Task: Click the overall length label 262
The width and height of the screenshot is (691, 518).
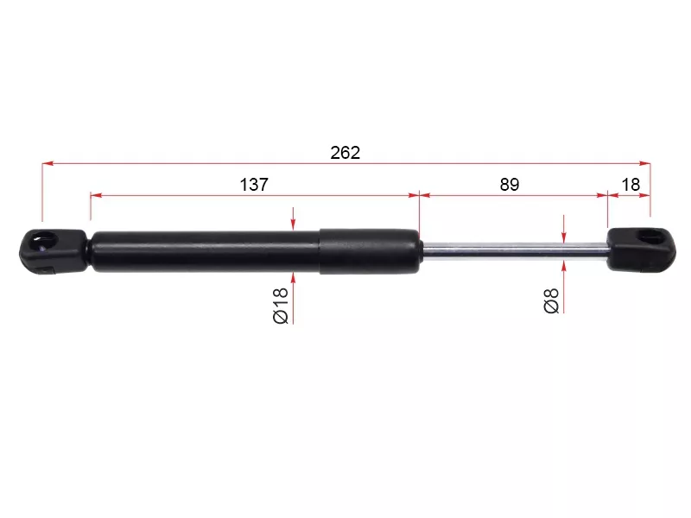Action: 345,153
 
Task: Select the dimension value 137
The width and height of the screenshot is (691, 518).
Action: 254,185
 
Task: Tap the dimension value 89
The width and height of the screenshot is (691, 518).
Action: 510,185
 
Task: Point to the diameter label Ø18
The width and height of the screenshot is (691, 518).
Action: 281,306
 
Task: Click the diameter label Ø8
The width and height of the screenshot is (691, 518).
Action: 551,300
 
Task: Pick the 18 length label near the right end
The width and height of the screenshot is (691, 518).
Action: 631,185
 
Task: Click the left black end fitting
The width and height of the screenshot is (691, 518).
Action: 53,251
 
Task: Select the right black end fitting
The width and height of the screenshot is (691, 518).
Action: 641,250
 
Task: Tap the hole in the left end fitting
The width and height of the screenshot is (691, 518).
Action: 44,241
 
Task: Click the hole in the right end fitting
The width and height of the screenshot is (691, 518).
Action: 651,237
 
